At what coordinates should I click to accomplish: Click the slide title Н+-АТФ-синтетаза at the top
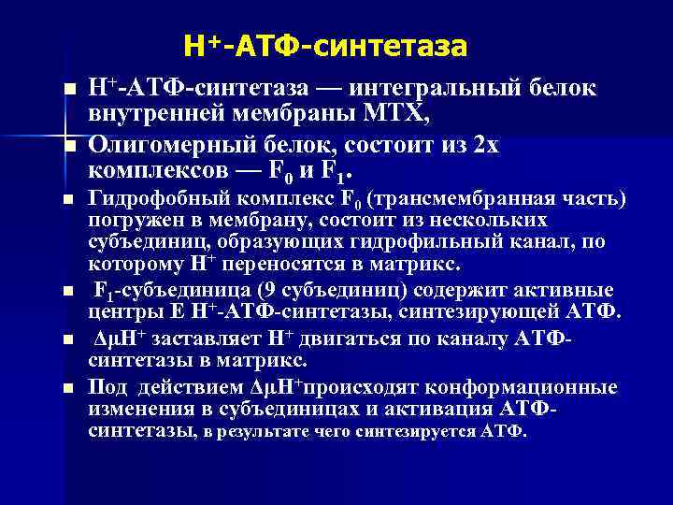pyautogui.click(x=325, y=45)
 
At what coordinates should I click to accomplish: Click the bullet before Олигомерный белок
pyautogui.click(x=69, y=147)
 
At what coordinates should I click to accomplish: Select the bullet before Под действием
pyautogui.click(x=69, y=388)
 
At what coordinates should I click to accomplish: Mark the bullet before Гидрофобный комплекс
pyautogui.click(x=69, y=200)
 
